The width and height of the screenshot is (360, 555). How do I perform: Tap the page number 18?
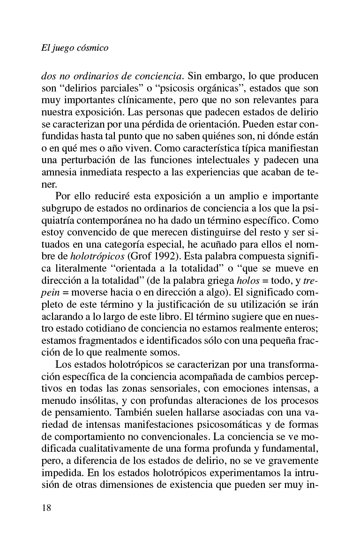[45, 508]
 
